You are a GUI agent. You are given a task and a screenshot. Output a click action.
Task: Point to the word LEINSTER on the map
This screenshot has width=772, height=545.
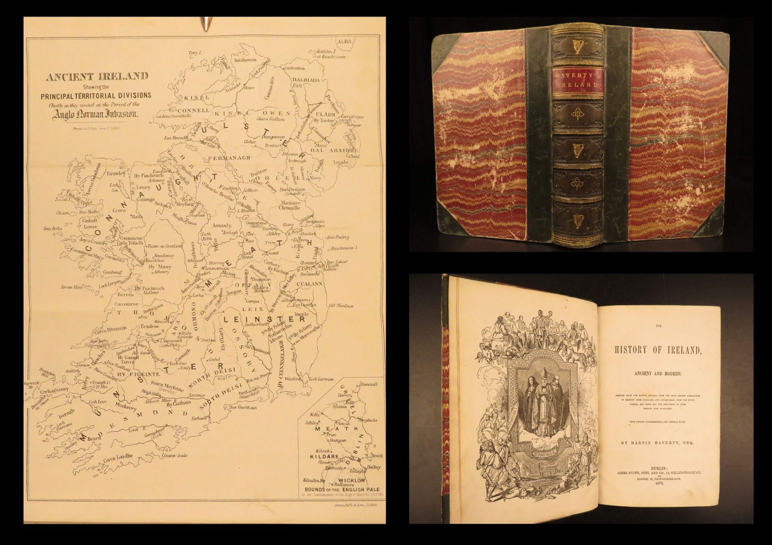[264, 319]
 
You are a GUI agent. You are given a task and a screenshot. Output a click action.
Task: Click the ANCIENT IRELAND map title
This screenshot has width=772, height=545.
[96, 76]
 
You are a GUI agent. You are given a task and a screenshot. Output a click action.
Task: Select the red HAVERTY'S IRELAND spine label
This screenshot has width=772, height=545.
[577, 84]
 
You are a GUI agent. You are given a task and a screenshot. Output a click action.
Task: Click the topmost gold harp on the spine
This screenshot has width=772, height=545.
[577, 47]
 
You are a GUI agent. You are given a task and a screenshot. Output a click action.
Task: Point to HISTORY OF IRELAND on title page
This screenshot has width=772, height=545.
[660, 350]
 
